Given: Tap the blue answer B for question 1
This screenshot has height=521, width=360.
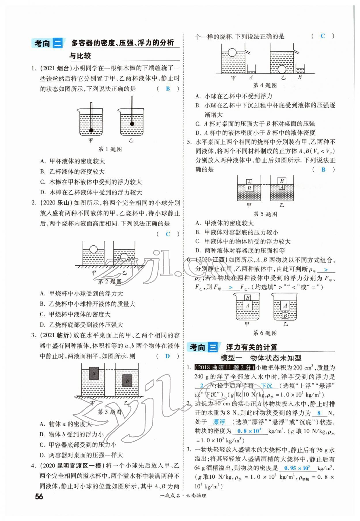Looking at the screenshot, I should click(x=168, y=89).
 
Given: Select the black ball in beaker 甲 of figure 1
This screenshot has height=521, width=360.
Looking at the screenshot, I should click(x=91, y=130).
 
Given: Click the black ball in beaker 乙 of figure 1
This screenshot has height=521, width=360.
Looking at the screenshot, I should click(x=132, y=124).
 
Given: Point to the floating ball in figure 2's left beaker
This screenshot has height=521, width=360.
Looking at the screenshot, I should click(x=93, y=249).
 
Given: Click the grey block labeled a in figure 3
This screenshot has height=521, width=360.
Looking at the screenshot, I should click(x=93, y=374).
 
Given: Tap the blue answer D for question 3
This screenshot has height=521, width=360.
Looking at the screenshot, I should click(x=168, y=356).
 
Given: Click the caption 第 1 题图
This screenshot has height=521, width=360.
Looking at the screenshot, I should click(x=110, y=149).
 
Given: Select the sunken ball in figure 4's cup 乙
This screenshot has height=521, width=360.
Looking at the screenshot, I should click(x=282, y=69).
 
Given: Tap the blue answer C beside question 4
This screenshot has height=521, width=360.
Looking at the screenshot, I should click(x=323, y=36).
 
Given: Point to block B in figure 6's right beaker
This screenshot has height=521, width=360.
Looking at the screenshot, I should click(x=285, y=316).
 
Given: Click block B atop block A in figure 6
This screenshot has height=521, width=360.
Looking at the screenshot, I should click(x=247, y=298).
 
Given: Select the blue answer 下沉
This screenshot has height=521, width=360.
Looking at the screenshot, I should click(x=266, y=386).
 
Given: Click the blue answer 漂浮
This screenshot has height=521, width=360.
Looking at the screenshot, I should click(x=219, y=422).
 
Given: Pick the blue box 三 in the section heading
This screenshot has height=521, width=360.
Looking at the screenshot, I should click(x=213, y=347).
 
